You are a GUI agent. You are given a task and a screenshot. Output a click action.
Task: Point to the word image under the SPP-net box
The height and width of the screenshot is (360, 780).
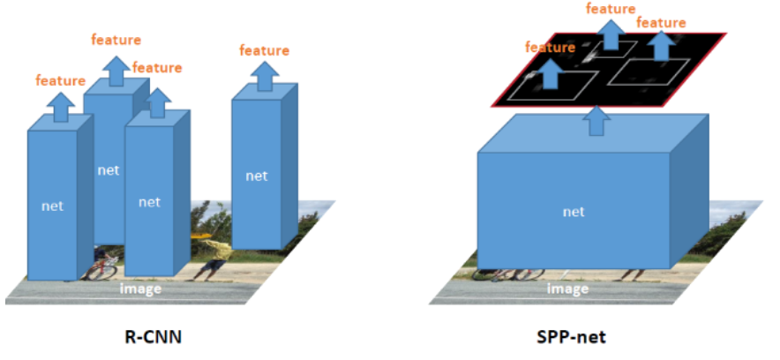coord(567,288)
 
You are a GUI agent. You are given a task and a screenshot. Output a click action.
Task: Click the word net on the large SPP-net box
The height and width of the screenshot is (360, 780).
coord(574,212)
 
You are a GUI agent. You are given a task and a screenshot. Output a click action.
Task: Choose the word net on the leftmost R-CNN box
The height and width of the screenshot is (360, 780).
coord(53,206)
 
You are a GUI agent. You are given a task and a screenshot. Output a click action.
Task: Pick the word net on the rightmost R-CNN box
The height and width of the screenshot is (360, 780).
coord(256,176)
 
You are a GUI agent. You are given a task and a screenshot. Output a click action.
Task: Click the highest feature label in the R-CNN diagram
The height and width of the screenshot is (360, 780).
coord(116,39)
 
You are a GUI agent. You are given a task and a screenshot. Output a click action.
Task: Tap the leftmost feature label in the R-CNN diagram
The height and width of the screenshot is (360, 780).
coord(60,80)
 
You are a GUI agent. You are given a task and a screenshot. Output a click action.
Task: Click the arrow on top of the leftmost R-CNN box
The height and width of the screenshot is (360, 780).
coord(60,108)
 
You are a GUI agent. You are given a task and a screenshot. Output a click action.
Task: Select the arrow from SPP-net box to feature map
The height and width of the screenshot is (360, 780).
coord(597,121)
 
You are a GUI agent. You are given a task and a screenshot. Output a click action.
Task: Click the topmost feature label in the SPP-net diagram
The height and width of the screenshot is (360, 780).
coord(611,9)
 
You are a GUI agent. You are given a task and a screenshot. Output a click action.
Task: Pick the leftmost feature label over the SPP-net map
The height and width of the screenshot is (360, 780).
coord(550,46)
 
